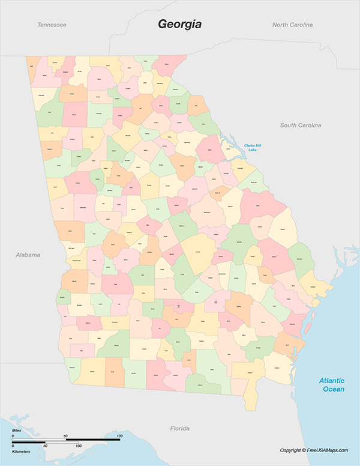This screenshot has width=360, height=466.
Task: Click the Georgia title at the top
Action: (179, 24)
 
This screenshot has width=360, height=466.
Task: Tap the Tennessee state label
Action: (52, 25)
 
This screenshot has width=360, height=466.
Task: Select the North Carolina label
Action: (292, 25)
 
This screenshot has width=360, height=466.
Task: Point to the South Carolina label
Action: (301, 125)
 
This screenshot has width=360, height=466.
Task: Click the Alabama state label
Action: (28, 255)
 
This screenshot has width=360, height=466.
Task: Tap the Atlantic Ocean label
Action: (332, 384)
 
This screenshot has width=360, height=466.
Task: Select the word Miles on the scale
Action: (17, 431)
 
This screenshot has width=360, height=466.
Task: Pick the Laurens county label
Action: (197, 253)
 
